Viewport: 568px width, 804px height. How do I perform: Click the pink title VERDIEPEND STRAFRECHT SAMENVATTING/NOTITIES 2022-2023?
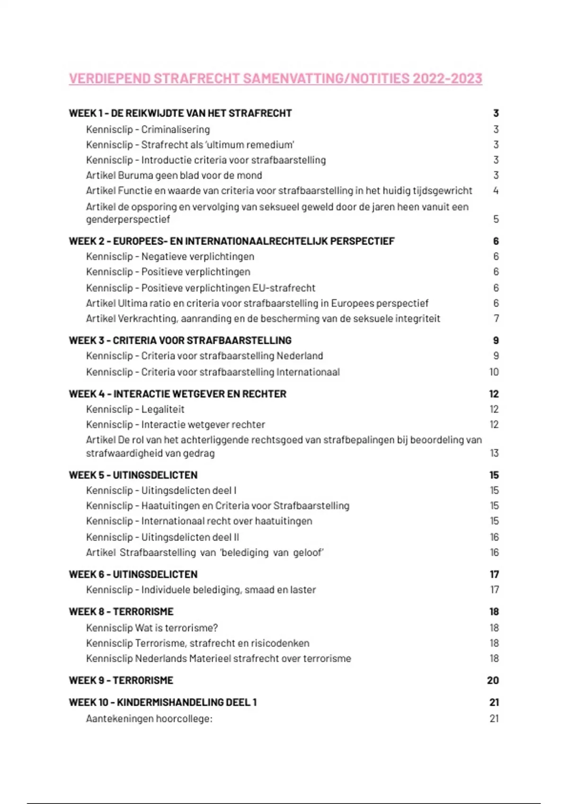275,79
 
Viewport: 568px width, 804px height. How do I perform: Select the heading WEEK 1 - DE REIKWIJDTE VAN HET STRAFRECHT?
180,114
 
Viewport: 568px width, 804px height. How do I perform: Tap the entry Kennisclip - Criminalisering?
148,130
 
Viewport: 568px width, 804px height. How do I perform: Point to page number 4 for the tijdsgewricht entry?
496,191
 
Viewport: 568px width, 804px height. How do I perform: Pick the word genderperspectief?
128,219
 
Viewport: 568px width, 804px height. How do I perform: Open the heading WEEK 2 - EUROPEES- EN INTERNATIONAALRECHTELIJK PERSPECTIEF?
231,241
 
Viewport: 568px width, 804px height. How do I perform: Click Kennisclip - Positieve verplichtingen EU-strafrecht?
201,288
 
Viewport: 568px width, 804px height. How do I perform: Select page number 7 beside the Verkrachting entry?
496,319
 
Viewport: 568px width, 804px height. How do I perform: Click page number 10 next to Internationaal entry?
494,372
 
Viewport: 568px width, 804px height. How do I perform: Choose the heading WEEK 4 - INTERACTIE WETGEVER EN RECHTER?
177,394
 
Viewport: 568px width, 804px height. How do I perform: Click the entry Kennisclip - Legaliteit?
135,410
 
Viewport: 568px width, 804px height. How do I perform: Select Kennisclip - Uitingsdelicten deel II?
162,537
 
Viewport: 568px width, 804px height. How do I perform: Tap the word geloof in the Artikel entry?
308,553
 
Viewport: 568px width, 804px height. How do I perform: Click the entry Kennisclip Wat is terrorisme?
152,628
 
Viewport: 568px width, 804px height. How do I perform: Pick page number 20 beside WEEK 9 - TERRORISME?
493,681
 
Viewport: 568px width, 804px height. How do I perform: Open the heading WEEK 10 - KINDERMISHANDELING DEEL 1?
163,702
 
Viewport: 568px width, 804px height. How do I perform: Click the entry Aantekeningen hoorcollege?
149,719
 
